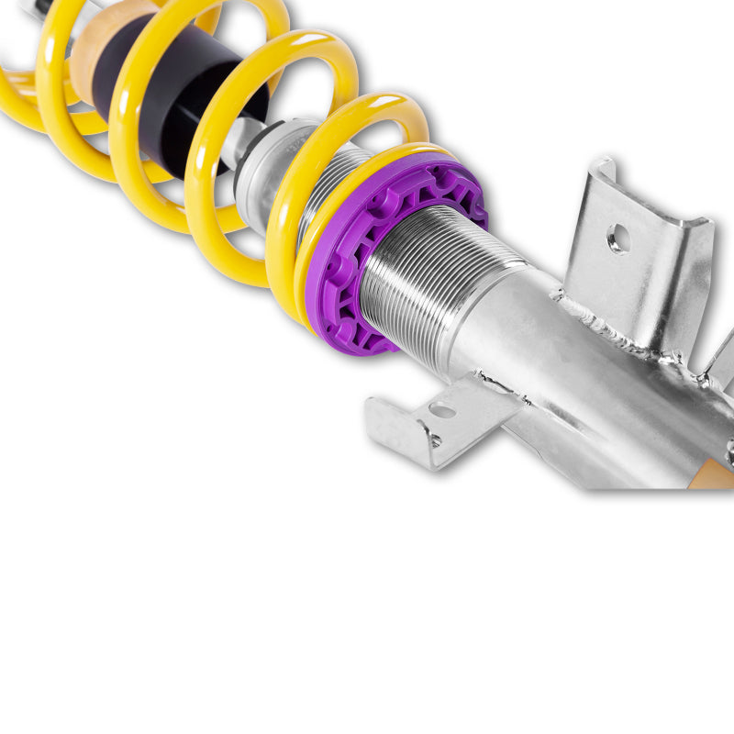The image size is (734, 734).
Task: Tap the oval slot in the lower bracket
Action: pyautogui.click(x=443, y=411)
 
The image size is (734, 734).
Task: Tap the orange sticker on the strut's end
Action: pyautogui.click(x=716, y=477)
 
